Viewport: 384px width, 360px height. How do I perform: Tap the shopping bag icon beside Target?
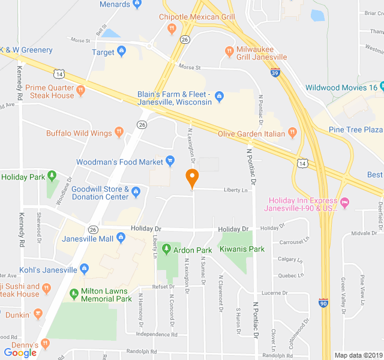pos(122,52)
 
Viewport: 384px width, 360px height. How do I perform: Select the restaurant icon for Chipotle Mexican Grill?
pos(172,28)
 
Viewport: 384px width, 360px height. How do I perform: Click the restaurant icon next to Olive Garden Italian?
pos(293,133)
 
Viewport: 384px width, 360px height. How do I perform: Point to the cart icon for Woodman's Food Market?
pos(170,161)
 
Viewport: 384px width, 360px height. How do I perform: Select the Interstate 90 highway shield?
pos(323,303)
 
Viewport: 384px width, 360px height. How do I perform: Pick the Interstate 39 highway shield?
pos(275,73)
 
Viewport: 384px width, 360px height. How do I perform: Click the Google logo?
pos(20,353)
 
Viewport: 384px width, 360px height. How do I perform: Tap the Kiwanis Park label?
pos(242,249)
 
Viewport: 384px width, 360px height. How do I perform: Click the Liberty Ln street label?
pos(236,190)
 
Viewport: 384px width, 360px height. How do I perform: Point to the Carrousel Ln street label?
pos(294,242)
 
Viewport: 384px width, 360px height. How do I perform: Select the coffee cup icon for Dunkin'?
pos(38,313)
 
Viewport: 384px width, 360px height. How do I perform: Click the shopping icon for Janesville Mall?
pos(121,239)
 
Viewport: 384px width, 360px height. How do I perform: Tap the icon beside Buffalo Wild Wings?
pos(119,132)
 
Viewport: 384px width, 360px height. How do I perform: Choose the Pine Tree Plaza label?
pos(356,130)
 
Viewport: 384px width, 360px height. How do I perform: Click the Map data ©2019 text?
pos(358,355)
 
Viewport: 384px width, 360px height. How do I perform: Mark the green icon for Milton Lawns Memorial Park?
pos(74,293)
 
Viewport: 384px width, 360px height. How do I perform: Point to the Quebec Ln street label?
pos(292,275)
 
